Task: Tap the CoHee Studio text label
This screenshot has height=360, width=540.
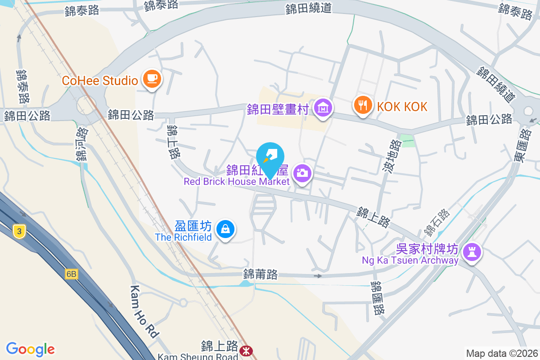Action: pyautogui.click(x=100, y=81)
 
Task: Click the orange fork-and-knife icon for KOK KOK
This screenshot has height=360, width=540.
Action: pyautogui.click(x=362, y=105)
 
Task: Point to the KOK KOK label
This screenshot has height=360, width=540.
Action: pyautogui.click(x=402, y=107)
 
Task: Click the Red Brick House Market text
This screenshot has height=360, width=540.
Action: pyautogui.click(x=236, y=182)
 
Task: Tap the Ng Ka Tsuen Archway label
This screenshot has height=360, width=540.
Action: pyautogui.click(x=410, y=260)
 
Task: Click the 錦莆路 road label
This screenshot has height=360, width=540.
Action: pyautogui.click(x=260, y=274)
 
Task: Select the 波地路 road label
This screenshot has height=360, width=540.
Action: pyautogui.click(x=395, y=156)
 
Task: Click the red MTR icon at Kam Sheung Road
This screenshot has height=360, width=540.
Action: pyautogui.click(x=246, y=350)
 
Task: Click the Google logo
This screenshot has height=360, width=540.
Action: pyautogui.click(x=30, y=349)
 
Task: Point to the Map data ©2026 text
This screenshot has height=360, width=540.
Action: pyautogui.click(x=502, y=353)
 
